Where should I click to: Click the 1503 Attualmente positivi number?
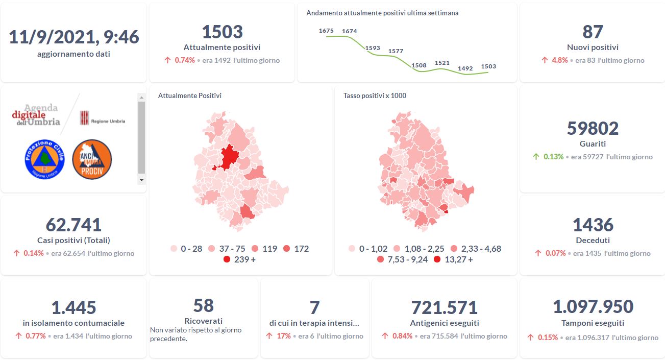(x=222, y=32)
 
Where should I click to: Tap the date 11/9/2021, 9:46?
(x=74, y=37)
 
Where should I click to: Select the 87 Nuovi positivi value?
(x=593, y=32)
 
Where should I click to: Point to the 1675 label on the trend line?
(x=326, y=31)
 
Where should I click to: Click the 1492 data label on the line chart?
(x=465, y=68)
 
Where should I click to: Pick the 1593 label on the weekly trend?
(x=373, y=48)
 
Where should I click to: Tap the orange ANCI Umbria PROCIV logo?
(x=92, y=159)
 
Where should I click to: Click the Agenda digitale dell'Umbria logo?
(x=37, y=115)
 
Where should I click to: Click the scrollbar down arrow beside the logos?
(x=141, y=180)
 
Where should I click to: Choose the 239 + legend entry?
(x=239, y=259)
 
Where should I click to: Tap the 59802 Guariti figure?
(x=593, y=128)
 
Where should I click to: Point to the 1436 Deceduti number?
(x=593, y=225)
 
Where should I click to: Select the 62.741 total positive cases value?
(x=73, y=225)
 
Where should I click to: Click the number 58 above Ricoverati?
(x=203, y=305)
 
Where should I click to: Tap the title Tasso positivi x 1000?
(x=375, y=95)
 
